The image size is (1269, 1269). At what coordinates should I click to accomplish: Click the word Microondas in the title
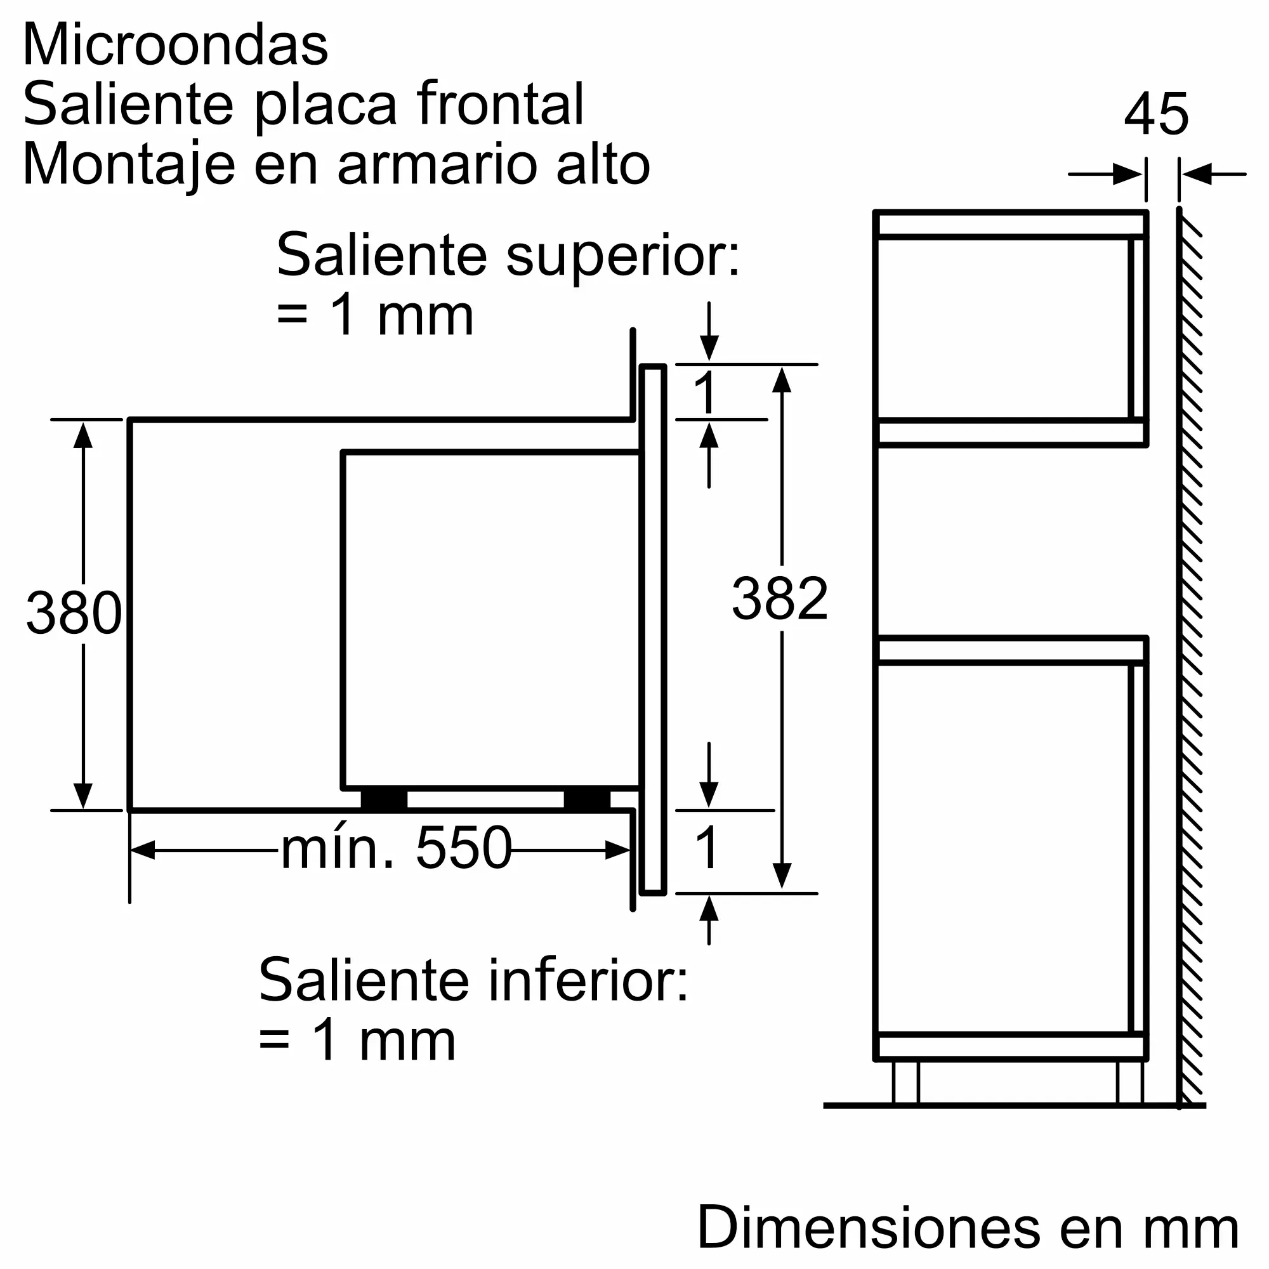[x=174, y=46]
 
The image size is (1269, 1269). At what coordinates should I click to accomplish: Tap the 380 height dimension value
[x=74, y=613]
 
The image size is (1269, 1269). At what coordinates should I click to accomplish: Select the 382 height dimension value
[x=780, y=598]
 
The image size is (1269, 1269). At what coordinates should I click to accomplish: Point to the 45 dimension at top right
[x=1156, y=115]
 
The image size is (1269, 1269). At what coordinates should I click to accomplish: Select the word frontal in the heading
[x=500, y=105]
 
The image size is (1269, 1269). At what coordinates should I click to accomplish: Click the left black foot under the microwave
[x=384, y=799]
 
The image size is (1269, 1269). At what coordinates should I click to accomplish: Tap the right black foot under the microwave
[x=586, y=799]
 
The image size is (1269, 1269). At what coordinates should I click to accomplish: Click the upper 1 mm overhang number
[x=706, y=393]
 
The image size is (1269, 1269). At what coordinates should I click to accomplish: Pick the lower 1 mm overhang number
[x=707, y=848]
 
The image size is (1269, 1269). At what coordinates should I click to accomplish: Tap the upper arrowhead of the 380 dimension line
[x=82, y=435]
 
